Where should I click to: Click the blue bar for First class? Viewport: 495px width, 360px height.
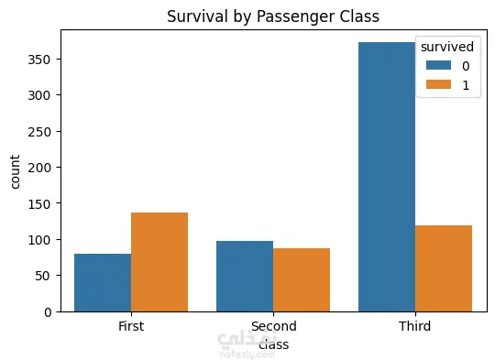click(x=103, y=283)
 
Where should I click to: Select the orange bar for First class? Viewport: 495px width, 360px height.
click(x=159, y=262)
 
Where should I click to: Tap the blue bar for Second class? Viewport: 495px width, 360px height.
click(x=245, y=277)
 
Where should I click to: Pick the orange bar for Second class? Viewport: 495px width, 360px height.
click(x=302, y=280)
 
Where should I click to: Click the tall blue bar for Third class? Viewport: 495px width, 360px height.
click(x=387, y=177)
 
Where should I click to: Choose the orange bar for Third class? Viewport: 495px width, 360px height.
click(x=444, y=268)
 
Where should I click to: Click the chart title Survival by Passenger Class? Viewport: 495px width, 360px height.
click(x=273, y=16)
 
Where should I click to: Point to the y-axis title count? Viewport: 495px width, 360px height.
click(x=15, y=172)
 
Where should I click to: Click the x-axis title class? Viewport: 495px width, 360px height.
click(x=274, y=344)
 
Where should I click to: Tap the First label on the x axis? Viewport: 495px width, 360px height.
click(x=131, y=326)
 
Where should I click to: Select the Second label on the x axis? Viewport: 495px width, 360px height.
click(x=274, y=326)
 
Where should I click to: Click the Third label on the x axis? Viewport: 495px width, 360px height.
click(x=415, y=326)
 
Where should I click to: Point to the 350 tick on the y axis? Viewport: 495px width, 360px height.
click(x=38, y=60)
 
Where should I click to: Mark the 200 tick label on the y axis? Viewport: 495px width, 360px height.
click(x=38, y=168)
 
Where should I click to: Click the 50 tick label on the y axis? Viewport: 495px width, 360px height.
click(x=43, y=276)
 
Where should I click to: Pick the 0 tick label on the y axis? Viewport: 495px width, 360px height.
click(x=48, y=312)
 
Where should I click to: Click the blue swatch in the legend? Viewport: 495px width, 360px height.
click(x=438, y=65)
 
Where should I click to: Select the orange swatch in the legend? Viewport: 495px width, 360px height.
click(x=438, y=84)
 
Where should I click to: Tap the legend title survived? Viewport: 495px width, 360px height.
click(x=447, y=47)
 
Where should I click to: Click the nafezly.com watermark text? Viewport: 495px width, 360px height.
click(x=247, y=355)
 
